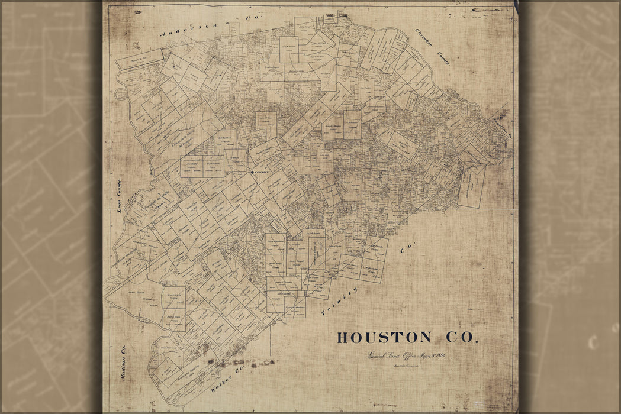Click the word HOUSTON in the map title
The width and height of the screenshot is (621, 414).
click(384, 338)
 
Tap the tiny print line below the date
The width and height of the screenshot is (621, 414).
click(405, 366)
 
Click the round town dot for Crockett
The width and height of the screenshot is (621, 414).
click(252, 172)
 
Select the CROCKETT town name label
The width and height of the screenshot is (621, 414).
click(262, 172)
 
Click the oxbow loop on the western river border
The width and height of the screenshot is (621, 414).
click(121, 93)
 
